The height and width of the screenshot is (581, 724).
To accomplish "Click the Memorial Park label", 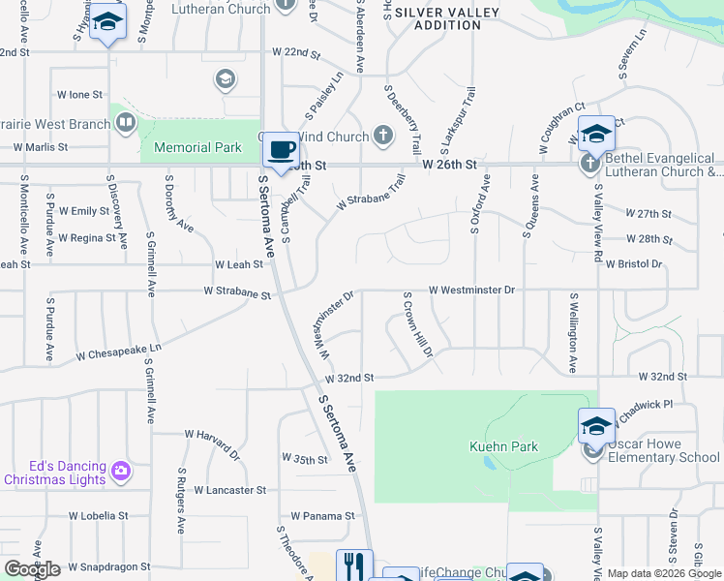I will point(191,147).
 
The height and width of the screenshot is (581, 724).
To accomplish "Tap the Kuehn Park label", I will point(503,446).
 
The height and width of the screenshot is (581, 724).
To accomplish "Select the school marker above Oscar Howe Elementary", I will point(596,427).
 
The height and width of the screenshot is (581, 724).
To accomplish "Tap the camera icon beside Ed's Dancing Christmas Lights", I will point(121,471).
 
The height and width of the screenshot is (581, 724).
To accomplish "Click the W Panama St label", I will point(323,516).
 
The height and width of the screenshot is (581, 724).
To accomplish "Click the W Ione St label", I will point(79,95).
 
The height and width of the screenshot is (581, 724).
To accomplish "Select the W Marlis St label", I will point(40,147).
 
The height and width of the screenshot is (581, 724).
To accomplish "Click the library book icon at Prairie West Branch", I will point(125,123).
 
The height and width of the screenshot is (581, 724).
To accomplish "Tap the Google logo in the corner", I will point(32,569).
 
